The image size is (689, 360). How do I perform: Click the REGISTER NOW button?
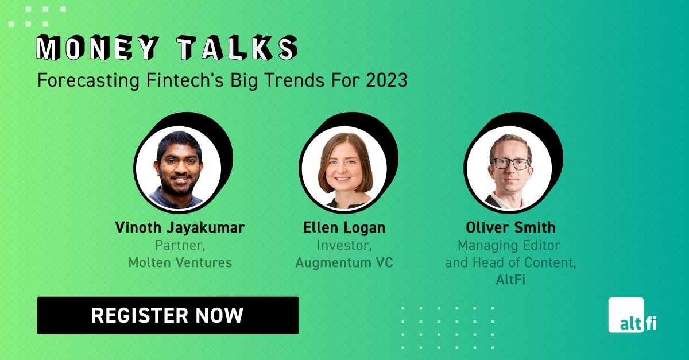tap(168, 315)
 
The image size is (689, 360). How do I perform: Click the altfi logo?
tap(633, 315)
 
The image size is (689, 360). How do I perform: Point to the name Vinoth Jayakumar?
tap(180, 228)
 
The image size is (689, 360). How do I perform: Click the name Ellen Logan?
tap(344, 228)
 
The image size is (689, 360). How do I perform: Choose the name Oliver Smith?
tap(509, 228)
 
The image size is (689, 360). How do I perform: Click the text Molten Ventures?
tap(180, 263)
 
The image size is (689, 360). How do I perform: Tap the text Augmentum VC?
tap(344, 263)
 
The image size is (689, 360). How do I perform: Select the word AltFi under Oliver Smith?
tap(509, 280)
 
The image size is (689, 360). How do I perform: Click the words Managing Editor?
tap(509, 246)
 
